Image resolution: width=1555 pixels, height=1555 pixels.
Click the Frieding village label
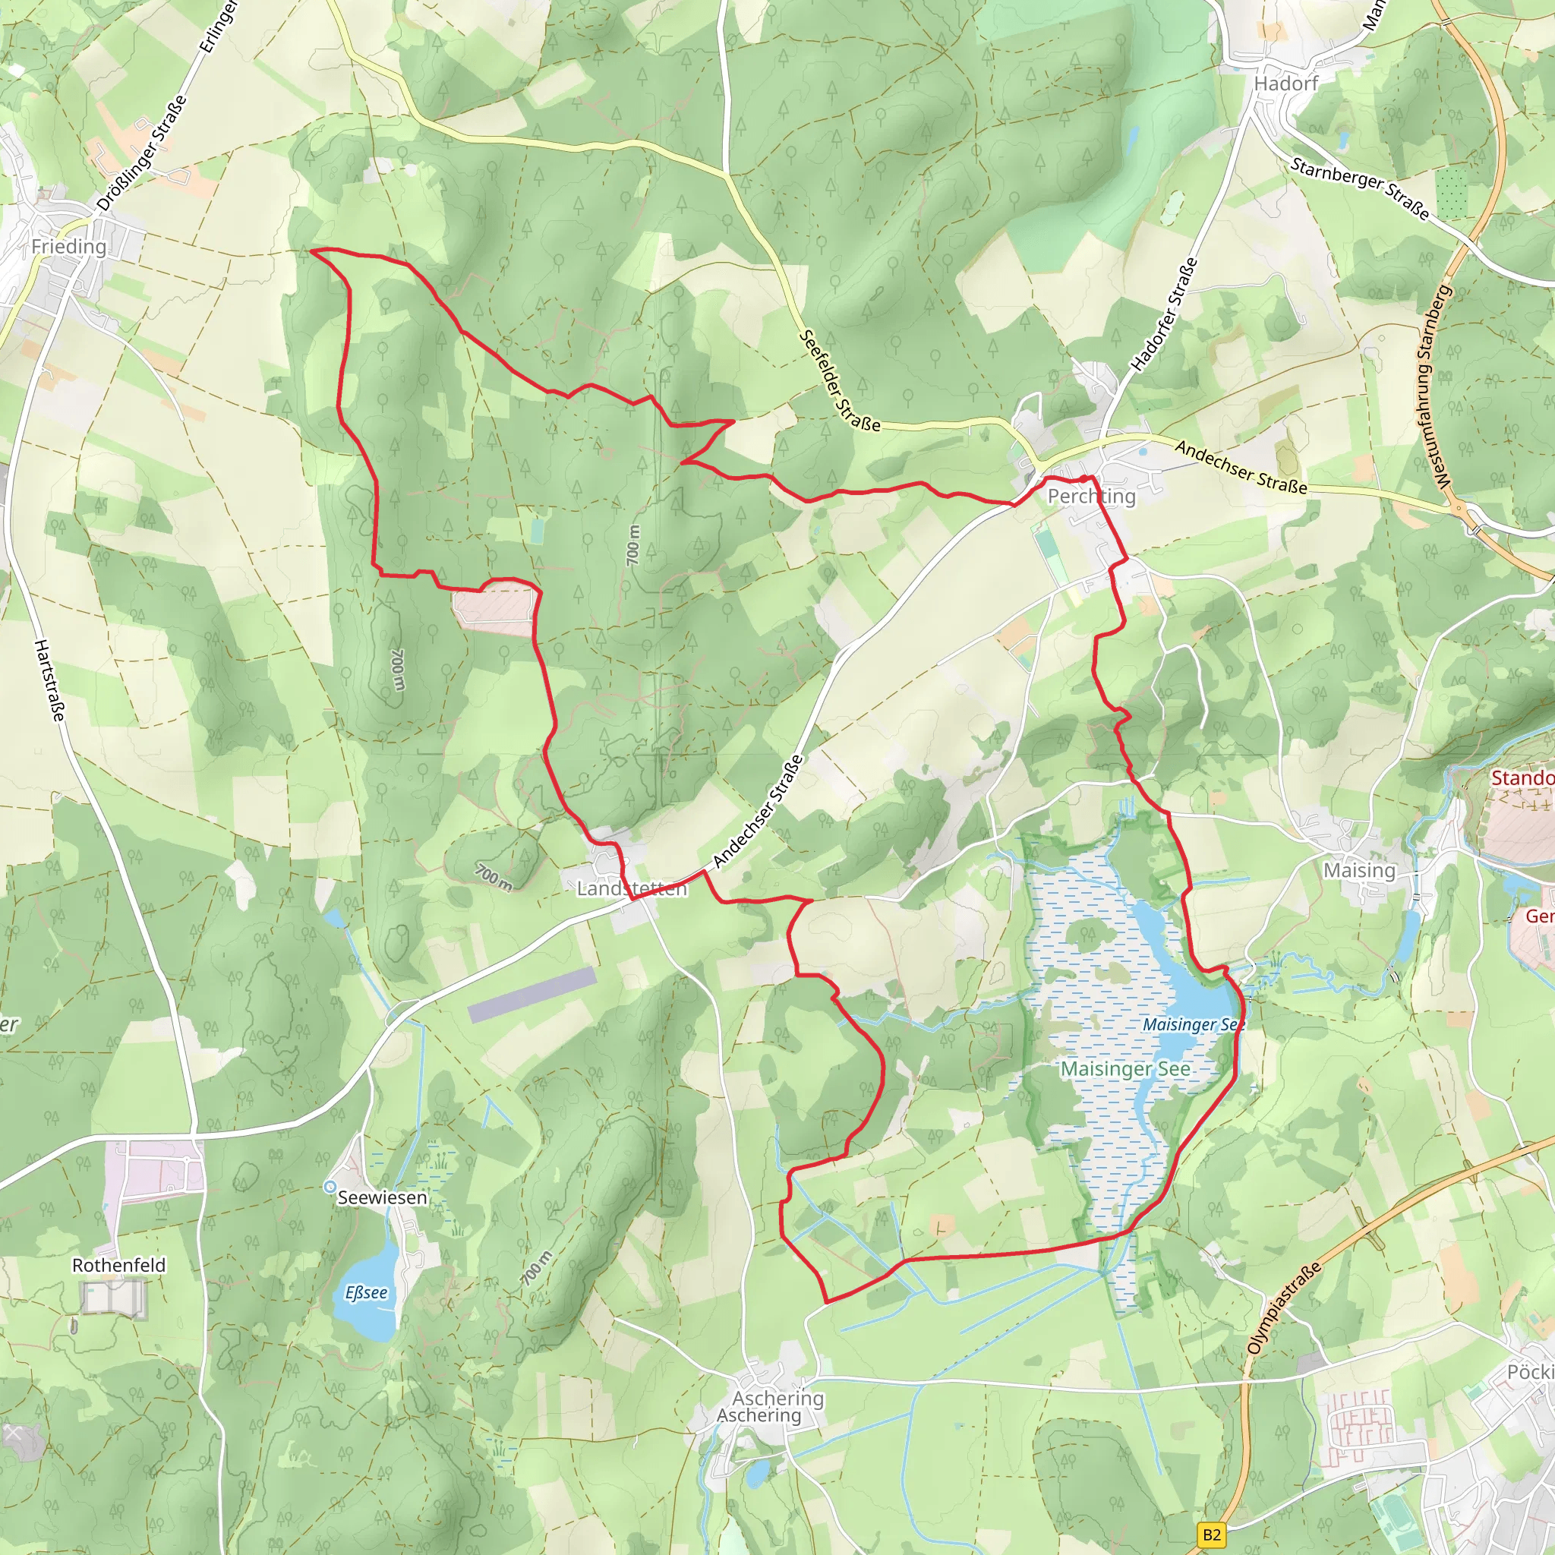pos(68,246)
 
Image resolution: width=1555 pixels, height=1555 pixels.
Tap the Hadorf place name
pos(1286,84)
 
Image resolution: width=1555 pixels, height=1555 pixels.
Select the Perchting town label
pos(1091,496)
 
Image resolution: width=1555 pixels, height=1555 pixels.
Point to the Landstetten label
pos(632,888)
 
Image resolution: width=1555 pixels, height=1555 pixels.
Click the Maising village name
pos(1359,870)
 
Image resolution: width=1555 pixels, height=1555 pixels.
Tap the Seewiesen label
pos(383,1197)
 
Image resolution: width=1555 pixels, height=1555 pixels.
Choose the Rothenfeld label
pos(119,1265)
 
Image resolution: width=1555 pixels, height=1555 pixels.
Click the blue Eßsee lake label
pos(366,1292)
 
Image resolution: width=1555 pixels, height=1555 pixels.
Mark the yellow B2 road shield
pos(1212,1534)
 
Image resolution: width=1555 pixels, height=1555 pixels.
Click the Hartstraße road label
pos(49,681)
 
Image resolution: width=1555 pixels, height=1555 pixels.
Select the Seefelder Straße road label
pos(840,381)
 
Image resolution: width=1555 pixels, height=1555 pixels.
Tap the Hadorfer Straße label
pos(1165,314)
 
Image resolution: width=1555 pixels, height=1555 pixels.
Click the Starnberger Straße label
pos(1360,188)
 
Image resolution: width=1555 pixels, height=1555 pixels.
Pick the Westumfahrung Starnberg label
pos(1434,386)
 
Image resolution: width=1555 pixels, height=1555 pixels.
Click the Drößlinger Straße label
pos(143,153)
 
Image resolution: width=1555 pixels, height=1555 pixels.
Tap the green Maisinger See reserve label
pos(1125,1069)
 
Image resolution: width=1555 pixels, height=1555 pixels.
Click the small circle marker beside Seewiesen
pos(330,1188)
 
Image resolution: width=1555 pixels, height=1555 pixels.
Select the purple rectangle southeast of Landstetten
pos(532,995)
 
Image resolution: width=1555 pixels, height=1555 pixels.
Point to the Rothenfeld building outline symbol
pos(115,1298)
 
